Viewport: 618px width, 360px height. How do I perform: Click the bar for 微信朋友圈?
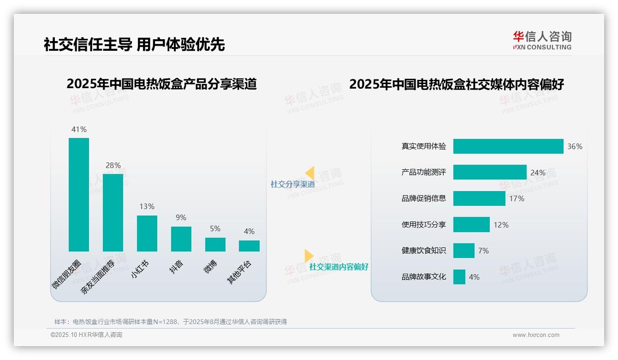coord(79,194)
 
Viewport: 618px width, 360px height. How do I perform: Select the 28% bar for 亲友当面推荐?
coord(113,212)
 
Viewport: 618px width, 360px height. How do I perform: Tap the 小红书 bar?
coord(147,233)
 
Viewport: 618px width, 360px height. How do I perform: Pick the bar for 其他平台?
coord(249,246)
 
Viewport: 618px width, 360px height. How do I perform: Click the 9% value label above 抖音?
coord(181,217)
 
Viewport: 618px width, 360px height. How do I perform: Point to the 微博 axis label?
coord(211,266)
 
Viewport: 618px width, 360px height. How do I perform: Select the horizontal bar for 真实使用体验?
coord(508,146)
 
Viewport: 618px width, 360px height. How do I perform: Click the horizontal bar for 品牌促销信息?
coord(479,198)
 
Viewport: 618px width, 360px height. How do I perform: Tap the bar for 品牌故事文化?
coord(459,277)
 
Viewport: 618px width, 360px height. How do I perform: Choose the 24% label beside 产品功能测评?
coord(538,173)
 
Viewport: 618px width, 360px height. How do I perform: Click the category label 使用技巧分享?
coord(424,225)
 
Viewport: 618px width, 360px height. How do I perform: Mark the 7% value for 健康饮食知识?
coord(483,251)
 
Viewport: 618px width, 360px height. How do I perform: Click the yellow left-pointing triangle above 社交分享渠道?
coord(309,173)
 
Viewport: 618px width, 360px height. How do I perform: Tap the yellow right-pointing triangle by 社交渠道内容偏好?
coord(309,256)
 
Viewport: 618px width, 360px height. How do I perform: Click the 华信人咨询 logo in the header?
coord(542,40)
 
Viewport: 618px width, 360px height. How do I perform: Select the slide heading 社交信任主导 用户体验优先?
coord(134,44)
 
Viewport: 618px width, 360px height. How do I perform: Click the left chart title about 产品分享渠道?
coord(161,84)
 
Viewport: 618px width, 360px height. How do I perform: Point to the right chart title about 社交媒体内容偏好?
coord(457,84)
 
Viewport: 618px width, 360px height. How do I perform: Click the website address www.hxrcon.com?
coord(536,335)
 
